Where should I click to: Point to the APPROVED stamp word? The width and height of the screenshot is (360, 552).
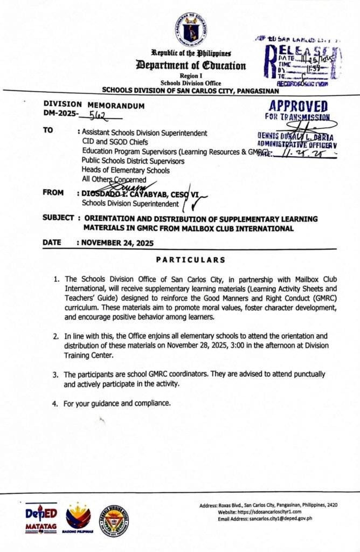coord(297,106)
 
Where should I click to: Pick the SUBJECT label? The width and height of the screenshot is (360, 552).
coord(59,219)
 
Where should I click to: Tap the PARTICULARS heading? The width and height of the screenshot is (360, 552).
coord(190,260)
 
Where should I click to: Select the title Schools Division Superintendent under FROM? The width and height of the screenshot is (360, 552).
coord(130,204)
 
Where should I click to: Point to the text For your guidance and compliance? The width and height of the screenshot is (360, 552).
coord(117,403)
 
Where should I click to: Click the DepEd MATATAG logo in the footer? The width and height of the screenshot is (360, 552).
coord(41,519)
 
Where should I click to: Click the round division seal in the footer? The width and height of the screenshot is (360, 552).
coord(115,520)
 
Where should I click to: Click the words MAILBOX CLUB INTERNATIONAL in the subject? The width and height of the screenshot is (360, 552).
coord(241,229)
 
